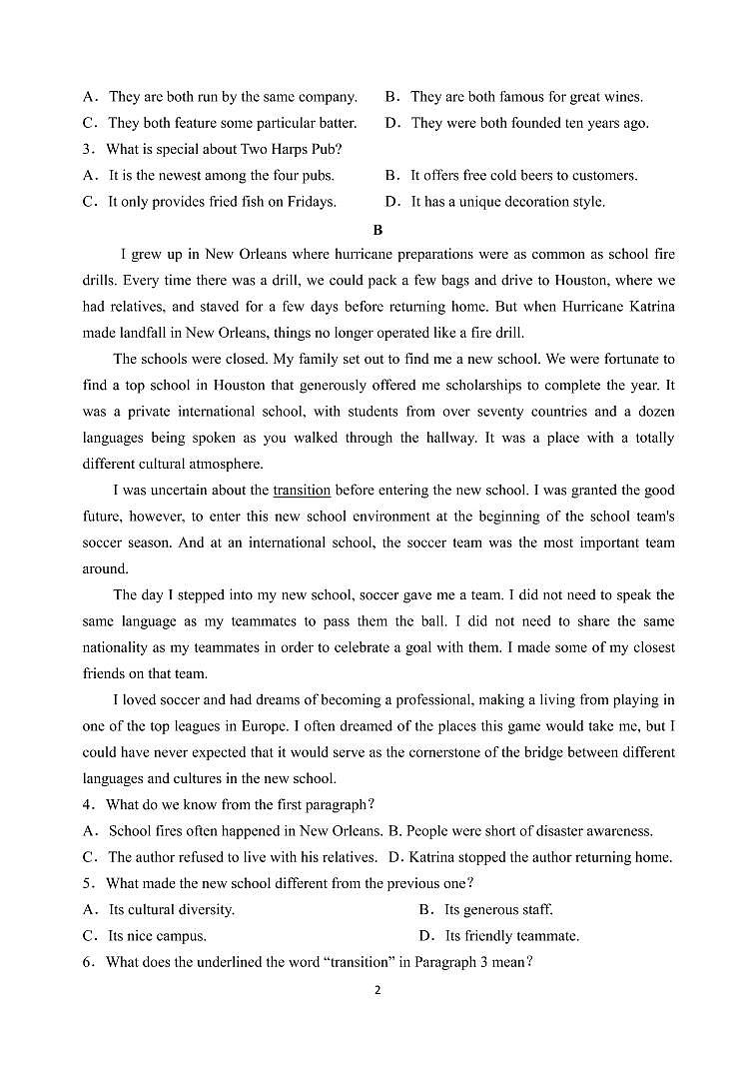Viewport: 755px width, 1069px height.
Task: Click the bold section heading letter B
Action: (377, 229)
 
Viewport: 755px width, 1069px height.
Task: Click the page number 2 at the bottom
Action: (377, 990)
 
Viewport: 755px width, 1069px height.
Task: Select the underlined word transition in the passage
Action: (302, 491)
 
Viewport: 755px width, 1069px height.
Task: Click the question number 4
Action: (89, 804)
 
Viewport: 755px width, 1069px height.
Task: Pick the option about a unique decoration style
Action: (507, 202)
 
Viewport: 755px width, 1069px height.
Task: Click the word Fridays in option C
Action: (310, 202)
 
